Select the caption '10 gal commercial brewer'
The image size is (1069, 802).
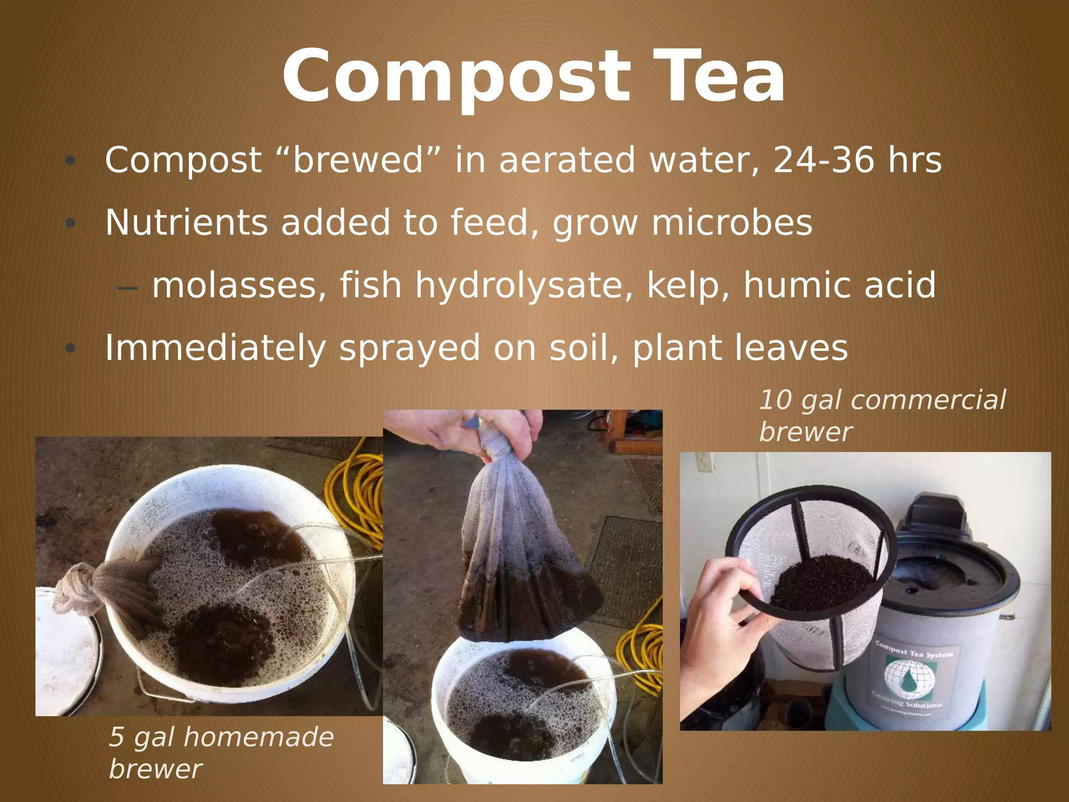pos(882,416)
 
